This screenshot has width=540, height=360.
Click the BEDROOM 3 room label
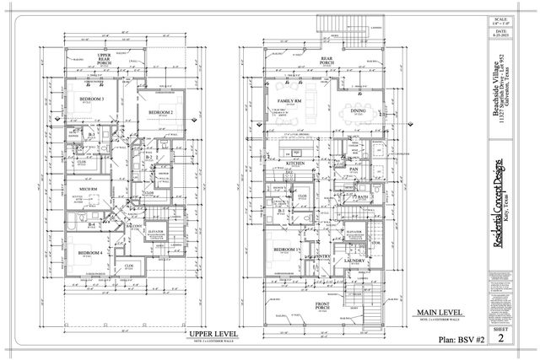92,99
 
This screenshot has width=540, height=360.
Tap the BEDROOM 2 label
160,112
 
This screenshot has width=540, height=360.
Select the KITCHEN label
295,164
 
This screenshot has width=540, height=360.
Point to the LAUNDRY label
354,261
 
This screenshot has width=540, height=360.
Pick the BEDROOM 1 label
287,250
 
